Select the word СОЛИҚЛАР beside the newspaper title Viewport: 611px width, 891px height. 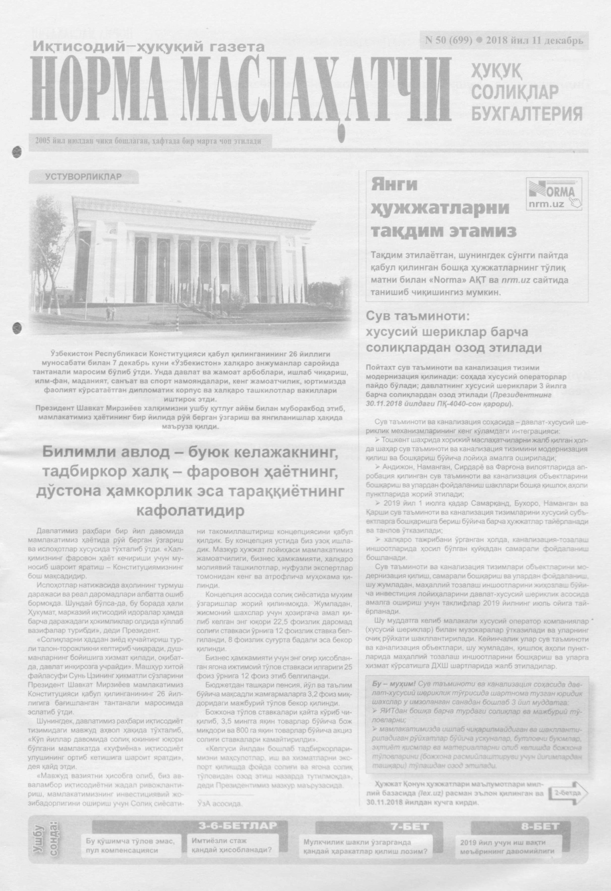515,91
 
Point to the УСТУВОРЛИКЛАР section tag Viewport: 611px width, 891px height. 83,177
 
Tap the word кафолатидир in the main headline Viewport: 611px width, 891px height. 190,511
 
